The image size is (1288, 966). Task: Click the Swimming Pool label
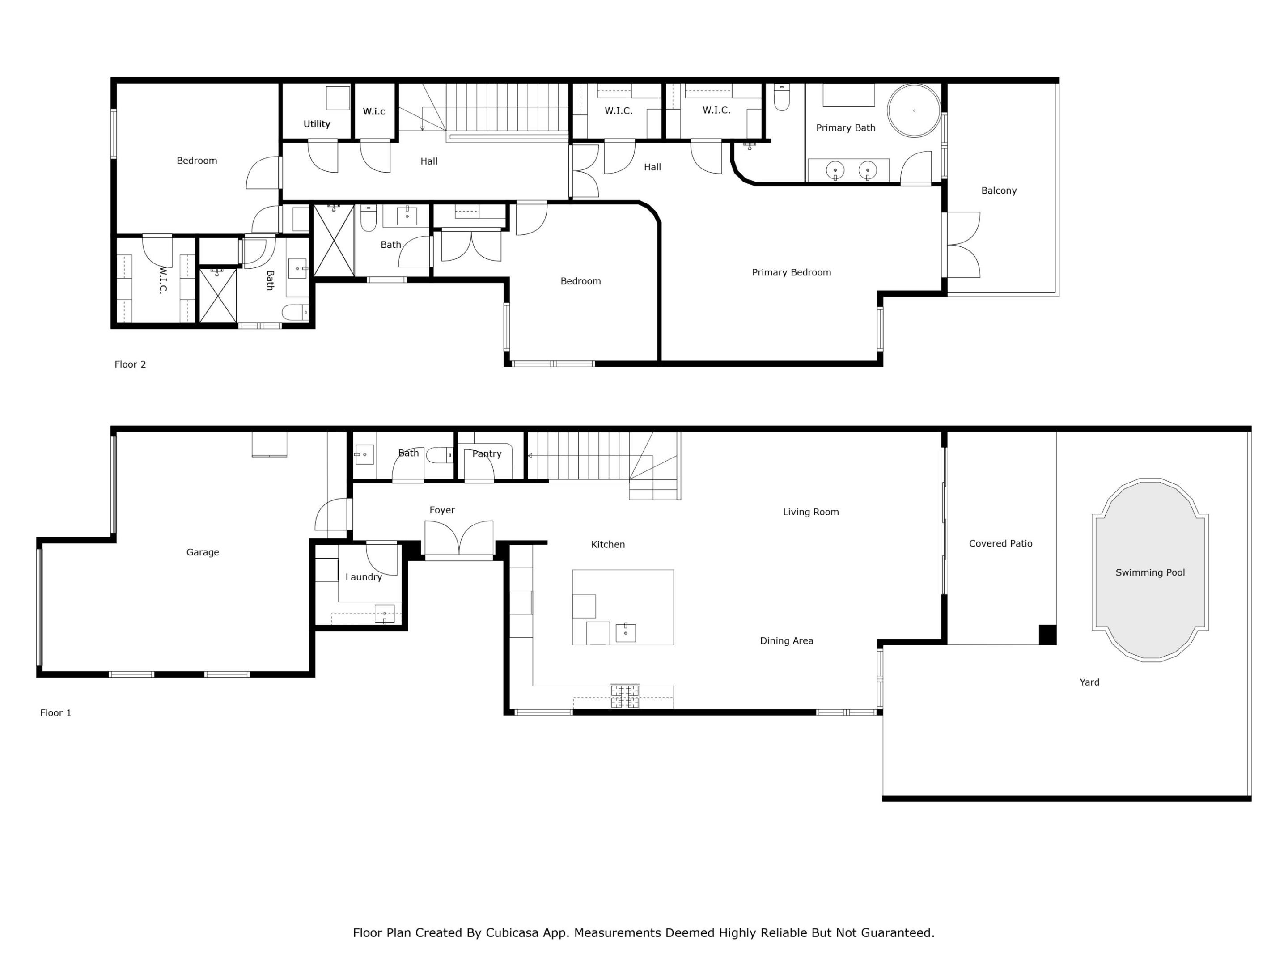1149,572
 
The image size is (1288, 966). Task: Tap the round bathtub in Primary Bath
914,110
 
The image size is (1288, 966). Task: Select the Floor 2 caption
130,364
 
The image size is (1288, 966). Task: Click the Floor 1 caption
55,713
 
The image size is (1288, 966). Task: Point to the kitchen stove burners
624,696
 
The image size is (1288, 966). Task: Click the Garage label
202,552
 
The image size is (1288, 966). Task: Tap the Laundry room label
363,577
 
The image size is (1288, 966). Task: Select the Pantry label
486,453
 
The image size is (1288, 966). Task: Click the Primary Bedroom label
791,272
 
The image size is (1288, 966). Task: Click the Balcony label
998,191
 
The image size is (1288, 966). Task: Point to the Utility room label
316,124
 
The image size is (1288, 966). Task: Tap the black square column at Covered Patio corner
1047,635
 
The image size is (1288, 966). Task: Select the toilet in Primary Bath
781,98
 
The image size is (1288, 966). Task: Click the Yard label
1089,682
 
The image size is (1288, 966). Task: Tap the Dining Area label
786,640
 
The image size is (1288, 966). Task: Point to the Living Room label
810,512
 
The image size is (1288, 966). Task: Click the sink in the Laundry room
384,614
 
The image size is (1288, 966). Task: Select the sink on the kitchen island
625,632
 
